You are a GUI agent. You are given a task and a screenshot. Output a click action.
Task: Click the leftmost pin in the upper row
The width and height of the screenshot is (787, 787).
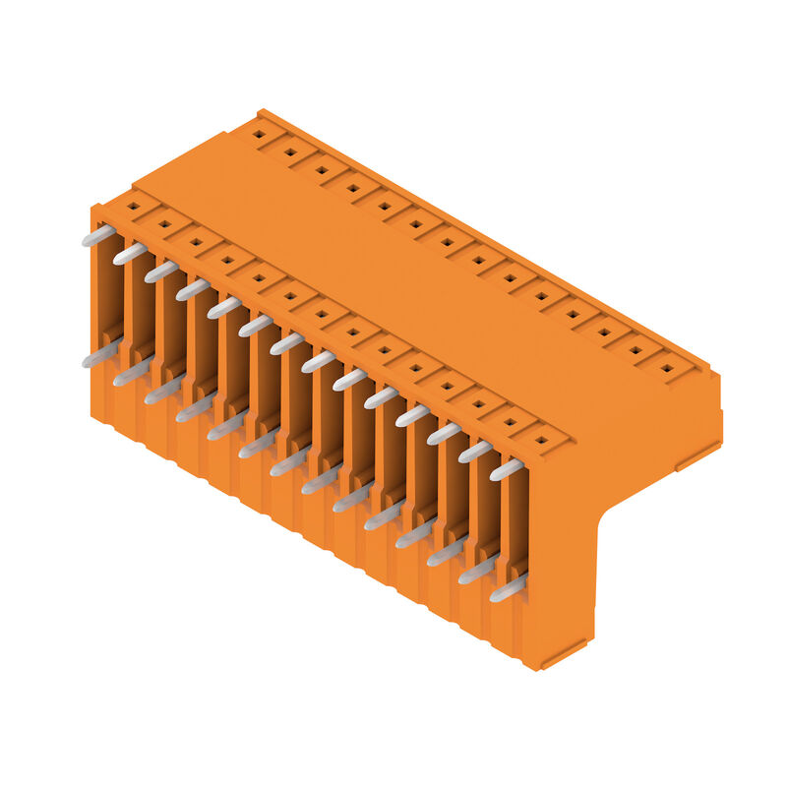97,236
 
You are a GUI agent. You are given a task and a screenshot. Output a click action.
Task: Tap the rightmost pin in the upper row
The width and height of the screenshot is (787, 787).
508,469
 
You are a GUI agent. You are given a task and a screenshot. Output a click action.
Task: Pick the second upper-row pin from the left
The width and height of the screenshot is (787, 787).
130,254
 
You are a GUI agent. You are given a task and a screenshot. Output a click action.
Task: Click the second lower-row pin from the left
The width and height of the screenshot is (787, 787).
131,372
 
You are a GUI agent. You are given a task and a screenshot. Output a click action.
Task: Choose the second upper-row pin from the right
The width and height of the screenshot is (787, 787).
476,452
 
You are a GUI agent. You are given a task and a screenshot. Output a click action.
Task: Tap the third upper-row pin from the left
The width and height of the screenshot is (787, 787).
161,272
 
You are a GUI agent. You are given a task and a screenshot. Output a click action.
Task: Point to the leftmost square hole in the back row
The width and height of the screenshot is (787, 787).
259,134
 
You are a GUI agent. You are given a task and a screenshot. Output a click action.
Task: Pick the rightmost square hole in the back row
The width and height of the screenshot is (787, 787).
667,369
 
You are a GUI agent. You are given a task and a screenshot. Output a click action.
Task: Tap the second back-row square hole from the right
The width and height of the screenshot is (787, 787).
636,350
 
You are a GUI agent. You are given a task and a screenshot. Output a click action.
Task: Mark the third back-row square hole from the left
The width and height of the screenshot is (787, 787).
322,169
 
